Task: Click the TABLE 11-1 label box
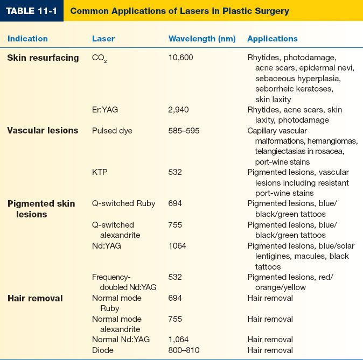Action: [31, 11]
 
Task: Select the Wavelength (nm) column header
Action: [199, 39]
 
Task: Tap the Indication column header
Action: [27, 39]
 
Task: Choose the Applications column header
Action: [272, 39]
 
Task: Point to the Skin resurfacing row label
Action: [43, 58]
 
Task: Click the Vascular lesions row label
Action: [43, 130]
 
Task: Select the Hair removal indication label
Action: [35, 298]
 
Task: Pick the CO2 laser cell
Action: [100, 58]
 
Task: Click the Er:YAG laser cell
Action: [105, 110]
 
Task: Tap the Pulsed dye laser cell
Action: [112, 131]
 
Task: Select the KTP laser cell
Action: [100, 172]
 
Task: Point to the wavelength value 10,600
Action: [181, 58]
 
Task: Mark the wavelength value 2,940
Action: [179, 110]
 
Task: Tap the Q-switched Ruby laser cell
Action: [123, 203]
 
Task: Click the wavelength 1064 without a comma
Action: [177, 245]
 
